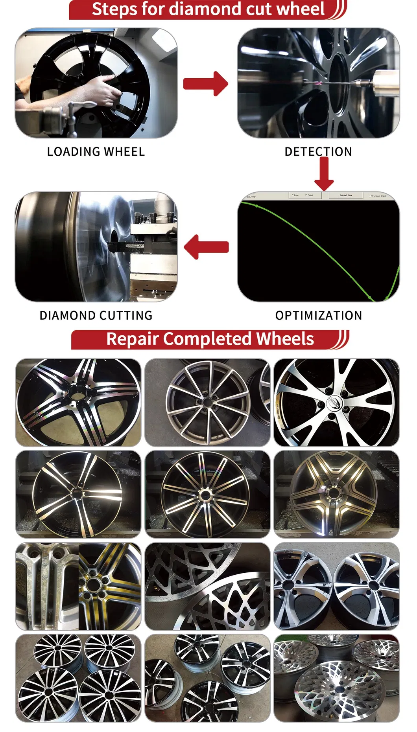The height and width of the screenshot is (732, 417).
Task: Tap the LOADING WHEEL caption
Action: [96, 152]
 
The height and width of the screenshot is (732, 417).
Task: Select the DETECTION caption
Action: [318, 152]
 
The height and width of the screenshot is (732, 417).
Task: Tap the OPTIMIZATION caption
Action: [318, 315]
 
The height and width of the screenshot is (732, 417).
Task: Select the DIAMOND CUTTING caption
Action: [96, 315]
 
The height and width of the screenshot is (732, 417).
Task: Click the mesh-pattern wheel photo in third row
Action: [207, 586]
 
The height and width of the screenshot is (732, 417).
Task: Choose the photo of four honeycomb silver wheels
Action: [336, 678]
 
